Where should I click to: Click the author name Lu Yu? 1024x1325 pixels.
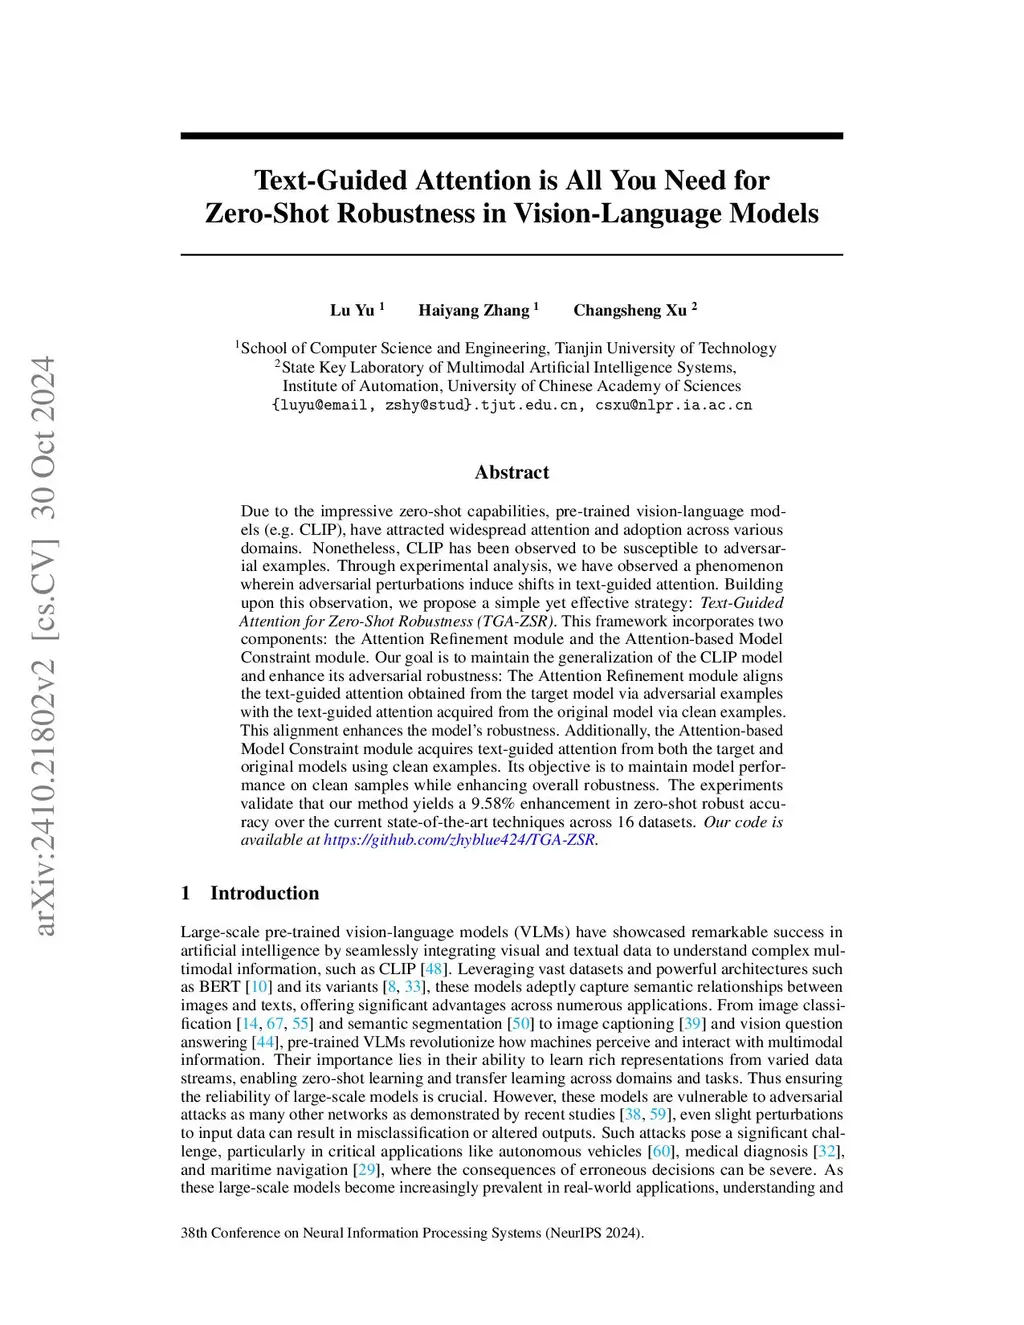pyautogui.click(x=352, y=310)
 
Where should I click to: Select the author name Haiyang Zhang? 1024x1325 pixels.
pyautogui.click(x=474, y=310)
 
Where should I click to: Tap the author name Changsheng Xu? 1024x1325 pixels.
pyautogui.click(x=630, y=310)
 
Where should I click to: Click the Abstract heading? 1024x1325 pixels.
pyautogui.click(x=512, y=472)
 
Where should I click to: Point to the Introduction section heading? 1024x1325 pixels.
pyautogui.click(x=264, y=893)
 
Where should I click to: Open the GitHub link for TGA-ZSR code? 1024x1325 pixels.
pyautogui.click(x=460, y=840)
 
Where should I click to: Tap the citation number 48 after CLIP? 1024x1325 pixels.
pyautogui.click(x=435, y=969)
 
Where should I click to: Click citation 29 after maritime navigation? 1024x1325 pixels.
pyautogui.click(x=367, y=1169)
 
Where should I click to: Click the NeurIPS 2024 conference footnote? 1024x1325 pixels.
pyautogui.click(x=412, y=1233)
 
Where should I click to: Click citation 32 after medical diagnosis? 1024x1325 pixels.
pyautogui.click(x=827, y=1151)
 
